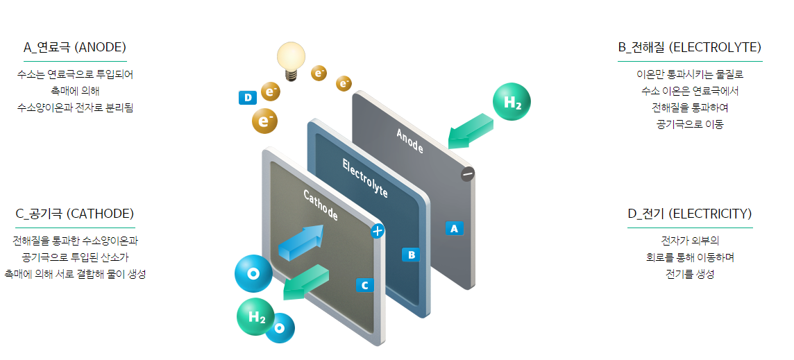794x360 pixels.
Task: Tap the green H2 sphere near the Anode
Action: (512, 103)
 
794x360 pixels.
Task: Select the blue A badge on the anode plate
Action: (454, 228)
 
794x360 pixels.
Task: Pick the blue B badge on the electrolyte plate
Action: (411, 255)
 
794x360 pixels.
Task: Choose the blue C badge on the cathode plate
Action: (365, 284)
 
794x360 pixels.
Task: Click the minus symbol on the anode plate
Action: (468, 174)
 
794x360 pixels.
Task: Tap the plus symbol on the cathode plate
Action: (378, 231)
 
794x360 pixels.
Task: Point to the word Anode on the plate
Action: (409, 139)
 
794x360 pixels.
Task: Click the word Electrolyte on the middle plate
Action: (365, 178)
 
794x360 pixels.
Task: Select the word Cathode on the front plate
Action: (321, 205)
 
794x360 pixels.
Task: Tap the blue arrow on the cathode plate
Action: (301, 241)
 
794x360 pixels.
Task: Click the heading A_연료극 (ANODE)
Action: (74, 47)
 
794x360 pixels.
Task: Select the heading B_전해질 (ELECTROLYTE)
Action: (689, 47)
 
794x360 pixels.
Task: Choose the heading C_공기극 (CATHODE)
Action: (74, 214)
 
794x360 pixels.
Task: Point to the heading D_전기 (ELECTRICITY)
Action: (689, 214)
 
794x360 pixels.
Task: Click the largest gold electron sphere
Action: (264, 121)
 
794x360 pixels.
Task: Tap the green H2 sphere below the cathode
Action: (255, 317)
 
